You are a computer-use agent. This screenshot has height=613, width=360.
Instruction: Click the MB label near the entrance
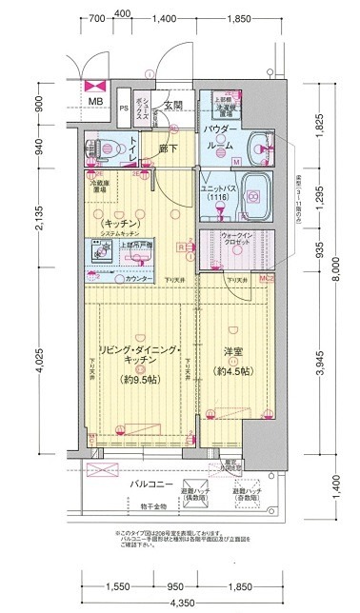click(96, 102)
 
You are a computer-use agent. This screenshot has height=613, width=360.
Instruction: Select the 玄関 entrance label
click(172, 105)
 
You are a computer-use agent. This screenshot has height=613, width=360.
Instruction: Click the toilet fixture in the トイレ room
click(103, 149)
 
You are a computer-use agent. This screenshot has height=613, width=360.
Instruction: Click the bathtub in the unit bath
click(251, 195)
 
